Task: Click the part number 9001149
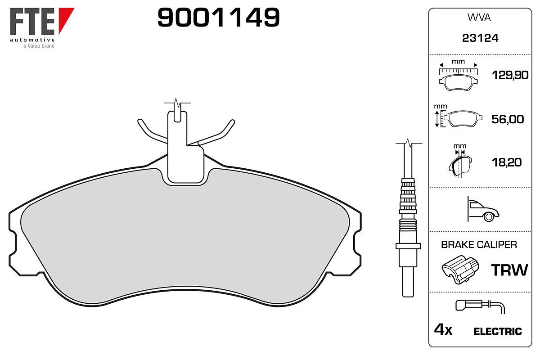tap(218, 17)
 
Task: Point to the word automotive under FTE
tap(32, 40)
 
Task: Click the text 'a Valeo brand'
tap(39, 46)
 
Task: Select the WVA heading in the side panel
tap(479, 18)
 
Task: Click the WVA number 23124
tap(480, 38)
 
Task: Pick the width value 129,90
tap(510, 75)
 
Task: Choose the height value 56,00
tap(508, 119)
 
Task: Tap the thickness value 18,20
tap(507, 162)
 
